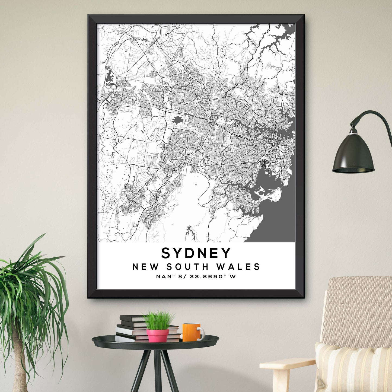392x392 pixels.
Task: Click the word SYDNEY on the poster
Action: (196, 253)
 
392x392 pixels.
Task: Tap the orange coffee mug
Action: (191, 332)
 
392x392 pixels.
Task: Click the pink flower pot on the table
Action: (158, 335)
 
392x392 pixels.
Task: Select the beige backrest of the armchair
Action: (358, 309)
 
